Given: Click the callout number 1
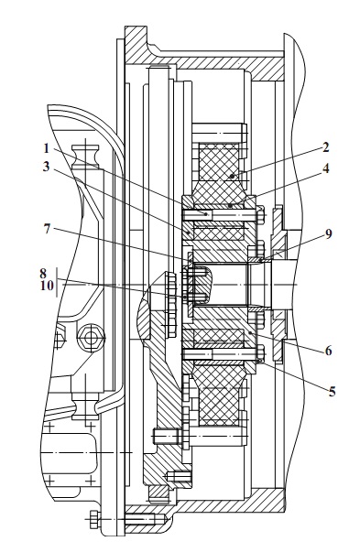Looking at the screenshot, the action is (46, 148).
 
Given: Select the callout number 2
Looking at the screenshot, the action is (325, 147).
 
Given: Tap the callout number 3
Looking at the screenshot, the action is (46, 167).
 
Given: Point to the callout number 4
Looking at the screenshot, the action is (326, 168).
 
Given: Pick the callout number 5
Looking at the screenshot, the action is (332, 392).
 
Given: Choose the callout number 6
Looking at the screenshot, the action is (328, 351).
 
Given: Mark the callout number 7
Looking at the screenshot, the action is (47, 229).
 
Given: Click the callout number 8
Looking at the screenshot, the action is (43, 273).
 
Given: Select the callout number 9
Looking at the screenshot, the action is (328, 233).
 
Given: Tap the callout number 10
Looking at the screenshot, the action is (47, 286).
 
